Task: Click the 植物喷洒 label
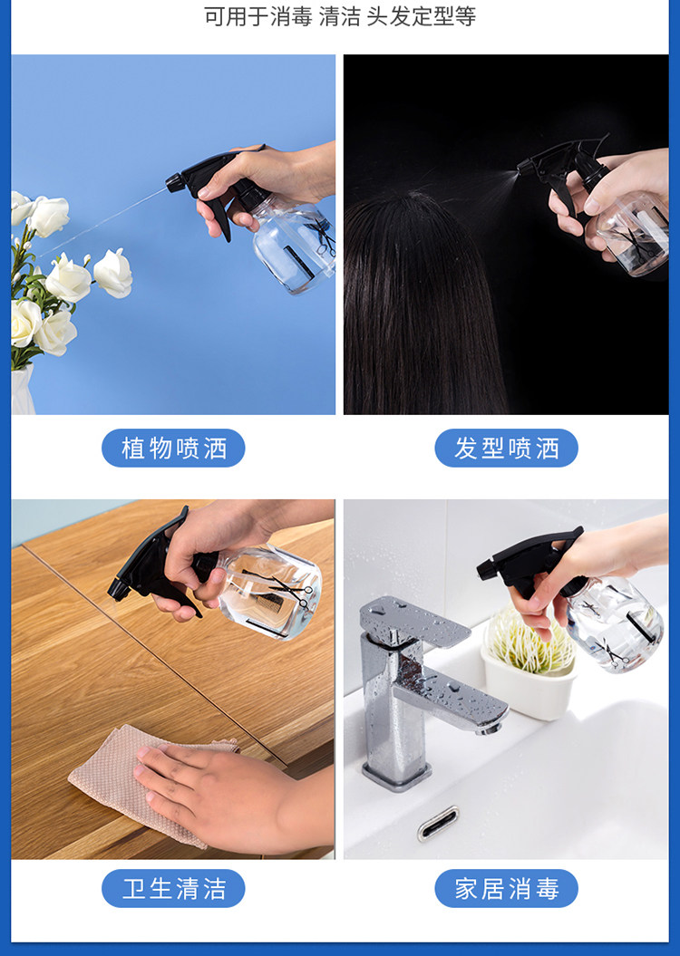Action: (x=173, y=449)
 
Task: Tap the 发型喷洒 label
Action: (x=506, y=449)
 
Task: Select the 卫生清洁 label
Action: (x=173, y=888)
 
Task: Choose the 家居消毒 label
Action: (x=506, y=888)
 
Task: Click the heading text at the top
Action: (x=340, y=16)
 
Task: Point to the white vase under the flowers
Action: (x=23, y=391)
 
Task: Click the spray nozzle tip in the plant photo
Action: (x=172, y=183)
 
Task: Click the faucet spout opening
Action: (x=489, y=728)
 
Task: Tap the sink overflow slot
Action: (x=438, y=823)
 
